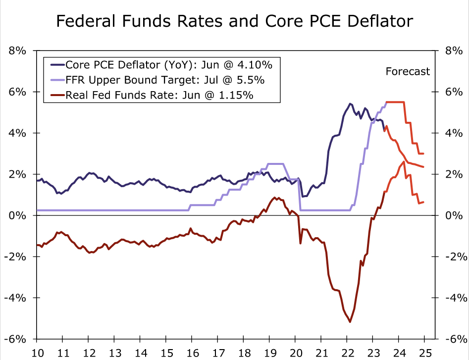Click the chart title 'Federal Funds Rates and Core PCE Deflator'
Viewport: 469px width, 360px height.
tap(234, 21)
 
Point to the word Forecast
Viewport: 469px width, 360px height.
tap(408, 71)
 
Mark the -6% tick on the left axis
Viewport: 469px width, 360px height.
tap(17, 339)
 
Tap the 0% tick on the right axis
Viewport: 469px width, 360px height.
tap(451, 215)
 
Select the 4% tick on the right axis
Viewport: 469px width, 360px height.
tap(451, 133)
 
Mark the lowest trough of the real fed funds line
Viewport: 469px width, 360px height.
tap(350, 322)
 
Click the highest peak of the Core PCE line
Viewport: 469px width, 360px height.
tap(350, 103)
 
